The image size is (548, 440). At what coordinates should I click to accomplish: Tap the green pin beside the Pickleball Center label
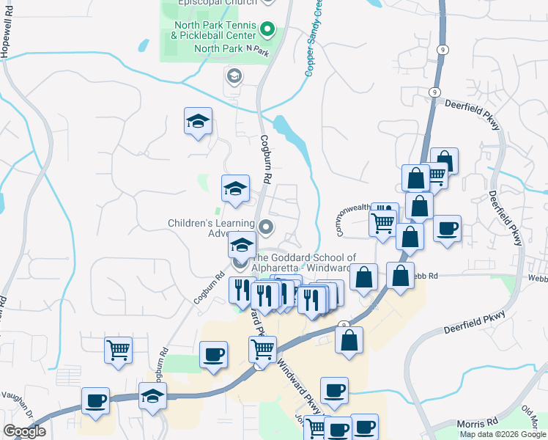tap(268, 31)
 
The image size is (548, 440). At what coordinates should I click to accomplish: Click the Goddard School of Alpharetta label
tap(303, 263)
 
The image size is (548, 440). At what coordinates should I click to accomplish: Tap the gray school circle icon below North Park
tap(234, 76)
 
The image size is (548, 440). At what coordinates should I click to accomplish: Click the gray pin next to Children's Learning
tap(267, 228)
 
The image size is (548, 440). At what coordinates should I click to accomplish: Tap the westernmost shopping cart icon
tap(117, 350)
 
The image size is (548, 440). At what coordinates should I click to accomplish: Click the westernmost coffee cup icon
tap(95, 401)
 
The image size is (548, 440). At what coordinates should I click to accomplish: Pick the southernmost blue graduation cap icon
tap(152, 397)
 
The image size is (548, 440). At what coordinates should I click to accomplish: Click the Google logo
tap(24, 431)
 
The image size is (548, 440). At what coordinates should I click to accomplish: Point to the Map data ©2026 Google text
tap(503, 434)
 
